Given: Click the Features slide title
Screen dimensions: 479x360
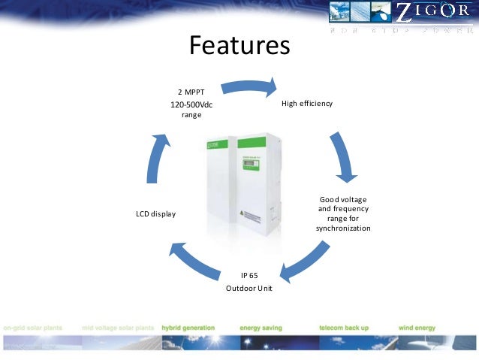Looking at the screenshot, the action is [x=239, y=46].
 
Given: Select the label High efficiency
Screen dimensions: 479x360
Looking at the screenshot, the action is [x=306, y=103].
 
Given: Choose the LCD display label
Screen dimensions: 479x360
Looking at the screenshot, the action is [x=155, y=214].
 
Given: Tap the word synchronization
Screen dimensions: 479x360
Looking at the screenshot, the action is [x=343, y=228].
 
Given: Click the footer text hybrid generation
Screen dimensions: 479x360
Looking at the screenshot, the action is [x=188, y=328].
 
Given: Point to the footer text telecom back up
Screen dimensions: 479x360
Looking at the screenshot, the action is [x=343, y=328].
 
